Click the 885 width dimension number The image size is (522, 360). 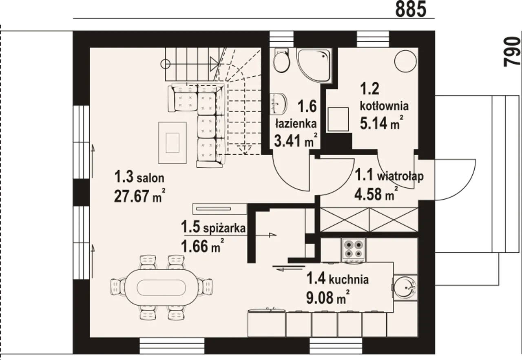411,9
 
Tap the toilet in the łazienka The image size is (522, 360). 281,60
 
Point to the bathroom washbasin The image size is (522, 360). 279,104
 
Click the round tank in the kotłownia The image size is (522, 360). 405,61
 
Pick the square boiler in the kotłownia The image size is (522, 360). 338,119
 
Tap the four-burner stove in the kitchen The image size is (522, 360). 354,250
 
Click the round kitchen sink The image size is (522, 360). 405,287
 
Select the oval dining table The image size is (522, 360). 161,287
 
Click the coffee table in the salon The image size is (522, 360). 172,143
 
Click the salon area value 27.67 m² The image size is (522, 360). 140,196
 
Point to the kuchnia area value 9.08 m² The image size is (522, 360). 328,297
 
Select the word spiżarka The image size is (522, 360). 224,228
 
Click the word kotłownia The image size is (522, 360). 384,106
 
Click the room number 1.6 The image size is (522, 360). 307,106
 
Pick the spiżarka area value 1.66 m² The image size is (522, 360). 203,246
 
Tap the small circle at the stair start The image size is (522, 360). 166,64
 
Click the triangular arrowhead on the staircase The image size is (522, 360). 214,63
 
